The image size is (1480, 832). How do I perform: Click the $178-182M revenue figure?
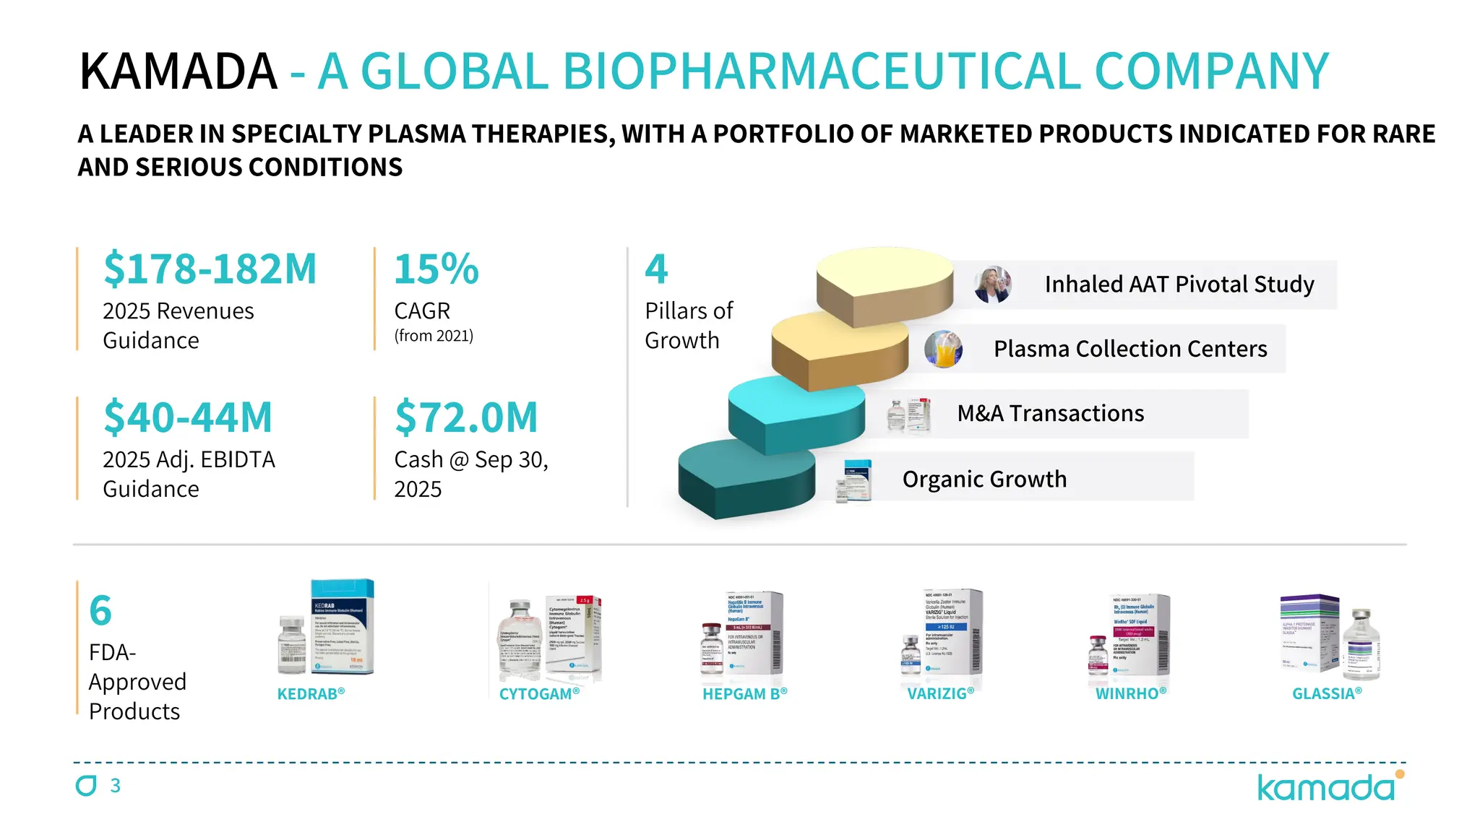(210, 269)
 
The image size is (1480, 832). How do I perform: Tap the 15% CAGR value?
(436, 269)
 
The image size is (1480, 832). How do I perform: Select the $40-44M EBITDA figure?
(188, 417)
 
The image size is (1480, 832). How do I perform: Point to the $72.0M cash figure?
(466, 417)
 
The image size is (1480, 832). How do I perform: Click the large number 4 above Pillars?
(656, 269)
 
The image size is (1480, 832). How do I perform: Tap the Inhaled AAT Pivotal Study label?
(1179, 285)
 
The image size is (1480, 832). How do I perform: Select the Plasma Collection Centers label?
(1130, 349)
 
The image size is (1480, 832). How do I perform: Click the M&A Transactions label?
(1050, 413)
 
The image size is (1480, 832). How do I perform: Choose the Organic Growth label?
(984, 479)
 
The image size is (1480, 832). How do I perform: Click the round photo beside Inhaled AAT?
(991, 285)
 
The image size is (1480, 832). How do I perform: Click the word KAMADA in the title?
(178, 71)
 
